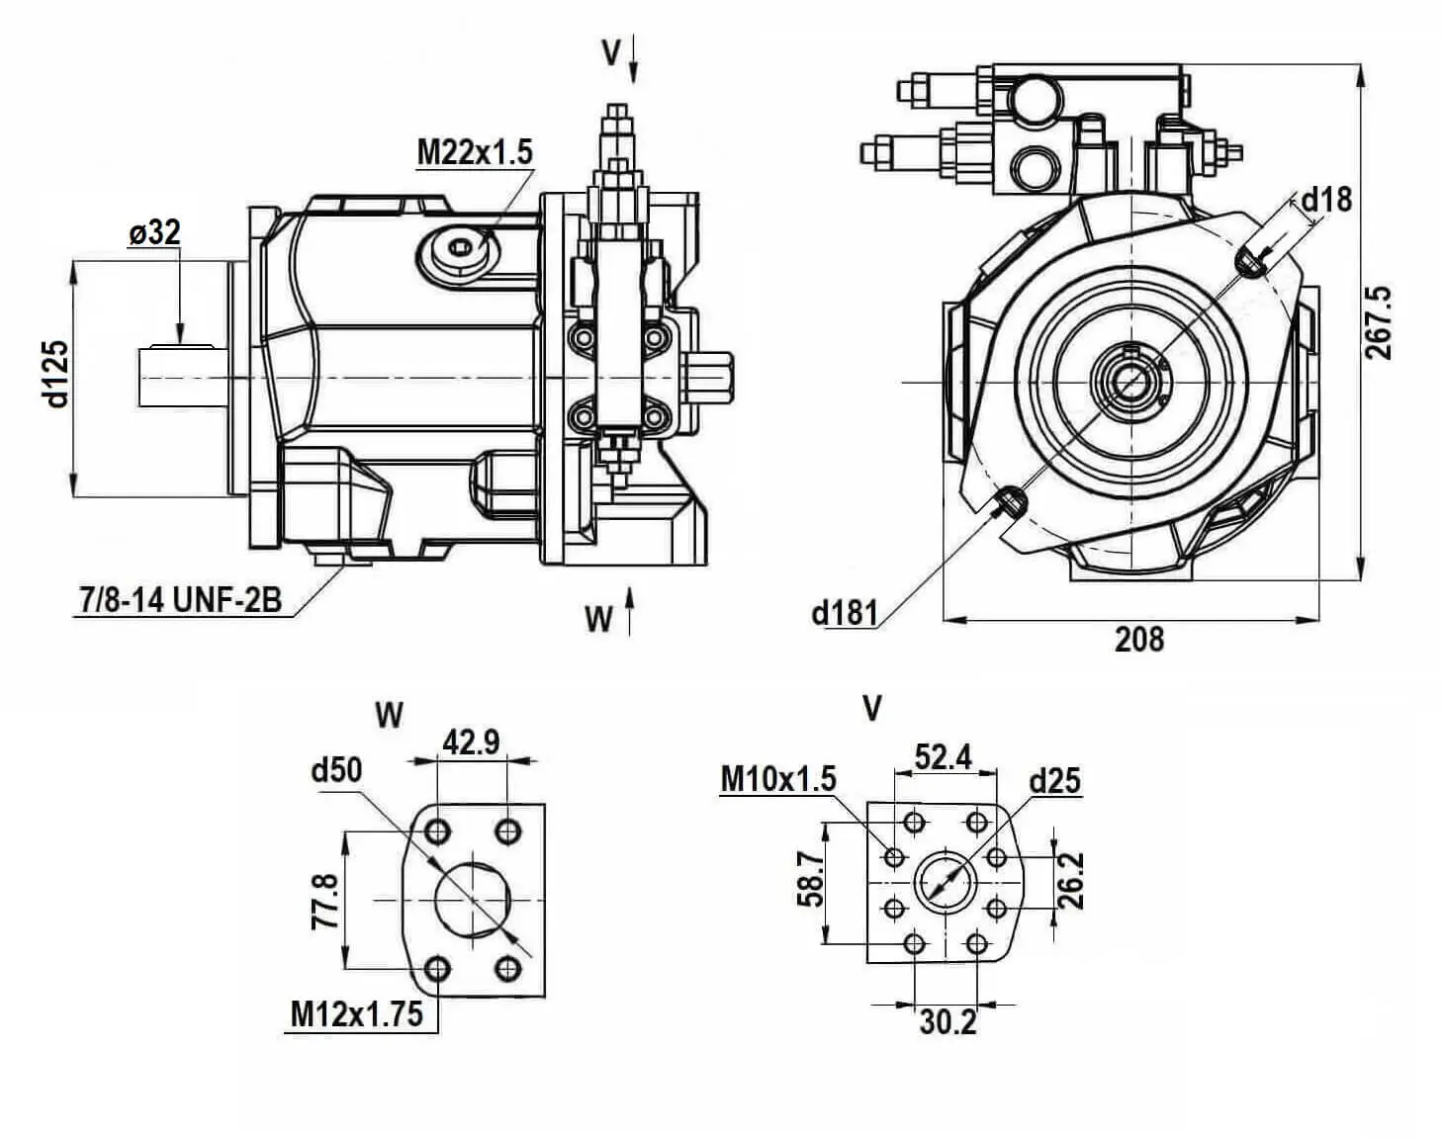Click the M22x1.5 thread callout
click(x=474, y=152)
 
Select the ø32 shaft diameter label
click(x=154, y=233)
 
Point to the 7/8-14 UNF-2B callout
click(x=179, y=599)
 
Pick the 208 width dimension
click(x=1139, y=639)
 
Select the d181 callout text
click(x=844, y=613)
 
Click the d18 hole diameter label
click(x=1325, y=200)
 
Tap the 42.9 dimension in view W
click(x=471, y=742)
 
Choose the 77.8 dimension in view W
click(x=324, y=900)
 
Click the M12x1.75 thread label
click(x=356, y=1013)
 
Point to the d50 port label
click(x=336, y=769)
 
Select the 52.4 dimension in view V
click(x=943, y=756)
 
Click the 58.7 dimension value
click(x=811, y=879)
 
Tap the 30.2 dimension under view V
click(x=947, y=1021)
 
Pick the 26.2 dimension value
click(x=1072, y=880)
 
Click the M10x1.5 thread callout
click(x=778, y=779)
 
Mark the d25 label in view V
click(x=1054, y=781)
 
